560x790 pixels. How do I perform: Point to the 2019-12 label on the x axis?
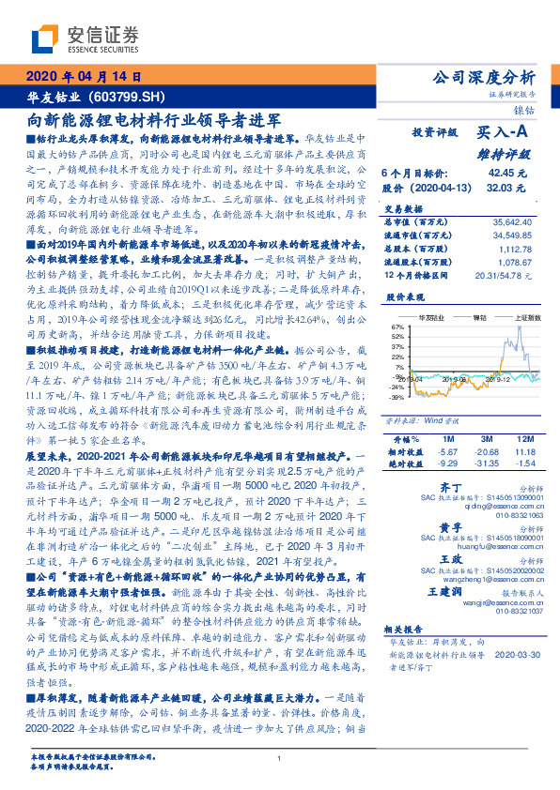point(498,380)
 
